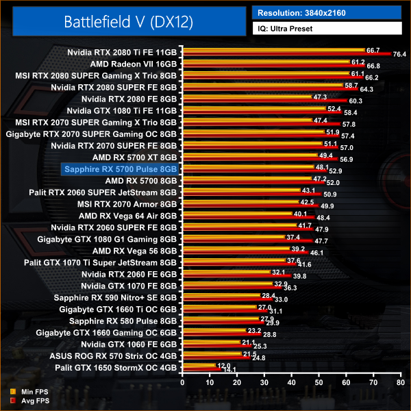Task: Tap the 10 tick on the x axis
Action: tap(210, 384)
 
